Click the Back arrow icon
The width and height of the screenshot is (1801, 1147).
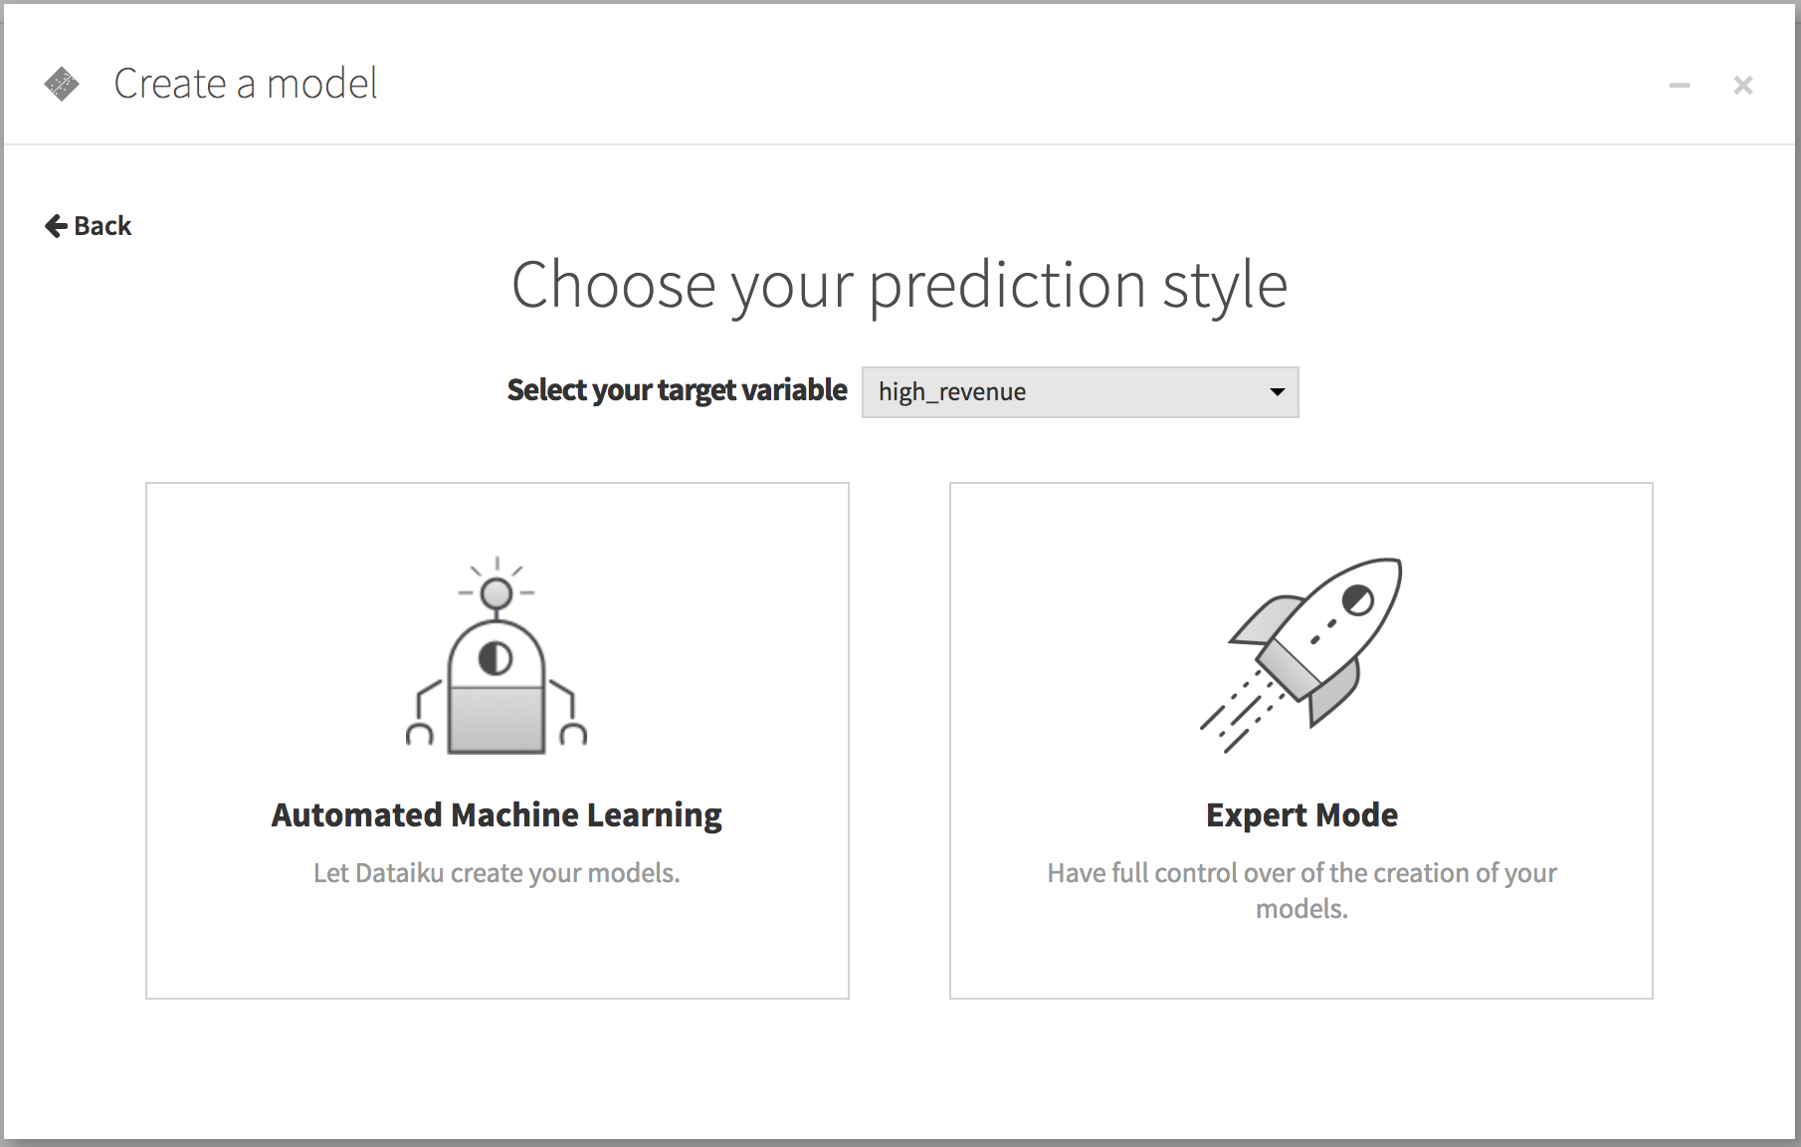56,226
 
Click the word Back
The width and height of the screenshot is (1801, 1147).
102,226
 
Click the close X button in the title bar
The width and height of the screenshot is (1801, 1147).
1742,86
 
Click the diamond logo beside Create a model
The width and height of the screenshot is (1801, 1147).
62,84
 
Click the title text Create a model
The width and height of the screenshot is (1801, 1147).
246,84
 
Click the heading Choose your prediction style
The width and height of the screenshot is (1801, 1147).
900,286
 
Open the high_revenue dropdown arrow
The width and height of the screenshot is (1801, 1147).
1277,392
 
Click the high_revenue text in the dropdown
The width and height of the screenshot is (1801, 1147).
952,392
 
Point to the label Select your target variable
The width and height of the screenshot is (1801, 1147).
677,390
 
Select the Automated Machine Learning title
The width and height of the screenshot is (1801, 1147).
497,815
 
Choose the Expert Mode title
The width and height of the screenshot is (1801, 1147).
1301,815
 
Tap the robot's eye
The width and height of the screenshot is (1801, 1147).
496,658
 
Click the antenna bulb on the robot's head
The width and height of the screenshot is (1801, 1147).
496,593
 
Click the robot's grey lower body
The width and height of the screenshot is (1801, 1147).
497,719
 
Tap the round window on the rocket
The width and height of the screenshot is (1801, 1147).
1357,599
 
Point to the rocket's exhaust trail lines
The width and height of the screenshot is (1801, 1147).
1242,713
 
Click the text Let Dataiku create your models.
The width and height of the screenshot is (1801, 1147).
497,873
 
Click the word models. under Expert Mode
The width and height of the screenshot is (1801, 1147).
1301,909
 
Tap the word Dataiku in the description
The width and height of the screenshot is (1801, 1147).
399,873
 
